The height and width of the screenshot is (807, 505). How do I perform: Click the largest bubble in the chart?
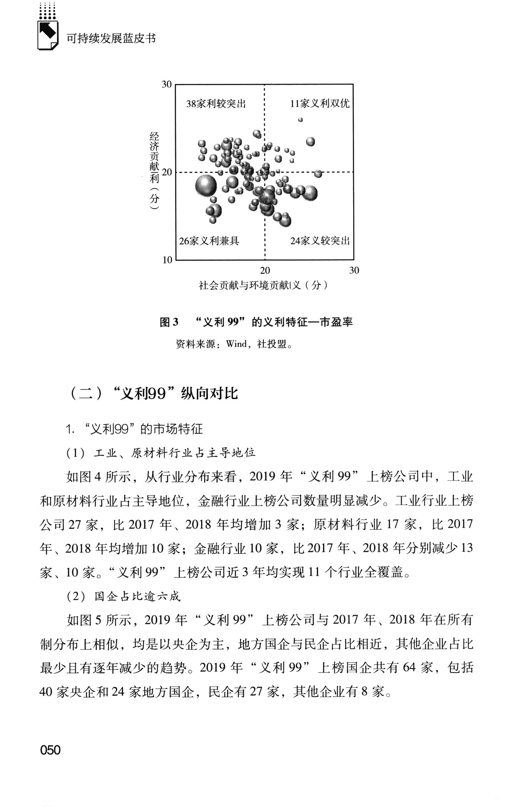coord(206,185)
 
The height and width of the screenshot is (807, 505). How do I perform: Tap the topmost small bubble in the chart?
coord(300,119)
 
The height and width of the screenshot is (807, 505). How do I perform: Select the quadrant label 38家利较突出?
coord(216,104)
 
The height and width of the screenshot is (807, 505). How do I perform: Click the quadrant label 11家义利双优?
coord(320,104)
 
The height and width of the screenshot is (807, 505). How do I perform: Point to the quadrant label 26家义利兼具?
coord(209,241)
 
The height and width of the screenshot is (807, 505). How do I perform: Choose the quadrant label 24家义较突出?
coord(320,241)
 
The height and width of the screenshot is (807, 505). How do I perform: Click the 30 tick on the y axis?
coord(167,84)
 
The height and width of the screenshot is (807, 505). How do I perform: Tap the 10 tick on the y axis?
coord(167,260)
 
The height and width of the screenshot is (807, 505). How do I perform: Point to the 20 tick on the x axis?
coord(265,270)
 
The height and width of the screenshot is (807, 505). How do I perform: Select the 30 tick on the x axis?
coord(354,270)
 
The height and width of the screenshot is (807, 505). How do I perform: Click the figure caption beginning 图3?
coord(256,322)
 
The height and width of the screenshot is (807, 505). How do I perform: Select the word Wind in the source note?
coord(236,344)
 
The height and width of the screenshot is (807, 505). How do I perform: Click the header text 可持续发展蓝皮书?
coord(111,38)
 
